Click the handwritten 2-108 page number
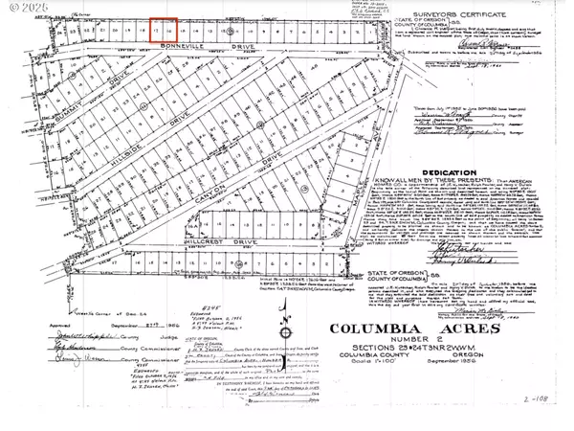540,419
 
